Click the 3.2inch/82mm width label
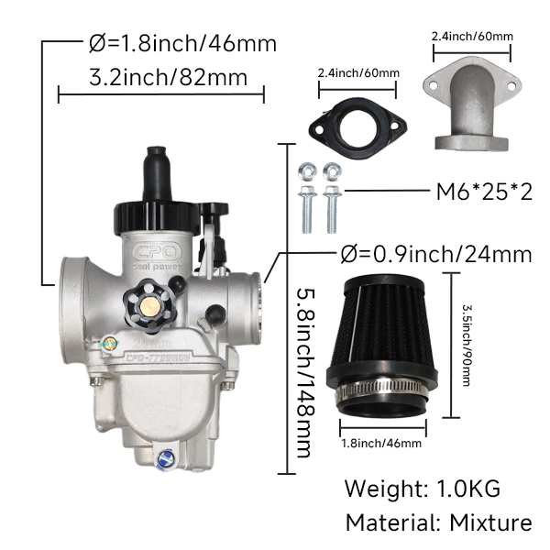(x=169, y=77)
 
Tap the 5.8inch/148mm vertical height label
(x=303, y=373)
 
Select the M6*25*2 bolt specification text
(x=484, y=192)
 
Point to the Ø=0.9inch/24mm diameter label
(x=436, y=254)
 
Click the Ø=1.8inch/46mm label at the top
(x=182, y=43)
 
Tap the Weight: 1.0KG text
(x=423, y=489)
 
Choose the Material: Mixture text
(x=438, y=522)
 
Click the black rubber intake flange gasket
(x=357, y=128)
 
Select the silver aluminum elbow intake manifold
(x=472, y=105)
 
